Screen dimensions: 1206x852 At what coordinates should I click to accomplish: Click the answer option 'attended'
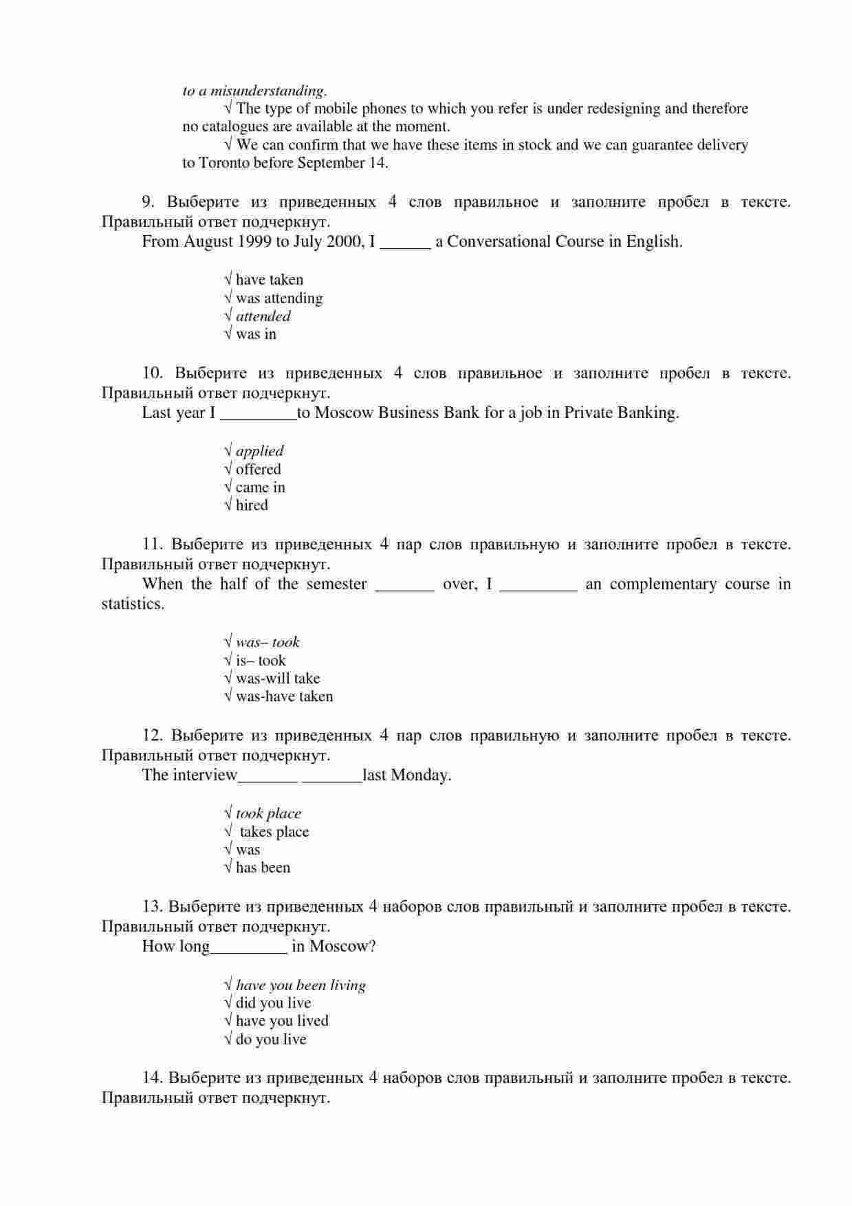click(263, 316)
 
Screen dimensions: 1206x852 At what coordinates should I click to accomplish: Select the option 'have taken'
click(269, 280)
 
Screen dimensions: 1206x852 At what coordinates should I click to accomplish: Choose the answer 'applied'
click(259, 451)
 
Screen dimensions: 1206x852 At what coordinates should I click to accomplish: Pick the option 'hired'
click(252, 505)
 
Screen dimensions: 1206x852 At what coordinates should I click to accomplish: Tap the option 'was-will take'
click(278, 679)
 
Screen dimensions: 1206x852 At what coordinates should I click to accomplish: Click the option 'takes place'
click(274, 832)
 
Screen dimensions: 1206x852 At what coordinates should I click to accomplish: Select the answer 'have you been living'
click(301, 985)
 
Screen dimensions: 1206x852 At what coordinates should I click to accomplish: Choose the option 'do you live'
click(271, 1040)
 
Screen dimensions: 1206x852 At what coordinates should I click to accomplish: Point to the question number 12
click(152, 736)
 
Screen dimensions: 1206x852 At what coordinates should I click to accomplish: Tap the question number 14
click(151, 1077)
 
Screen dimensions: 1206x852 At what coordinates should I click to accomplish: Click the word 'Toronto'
click(224, 163)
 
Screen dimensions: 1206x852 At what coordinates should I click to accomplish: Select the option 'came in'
click(260, 487)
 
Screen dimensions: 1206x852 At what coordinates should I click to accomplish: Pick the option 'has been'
click(263, 868)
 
